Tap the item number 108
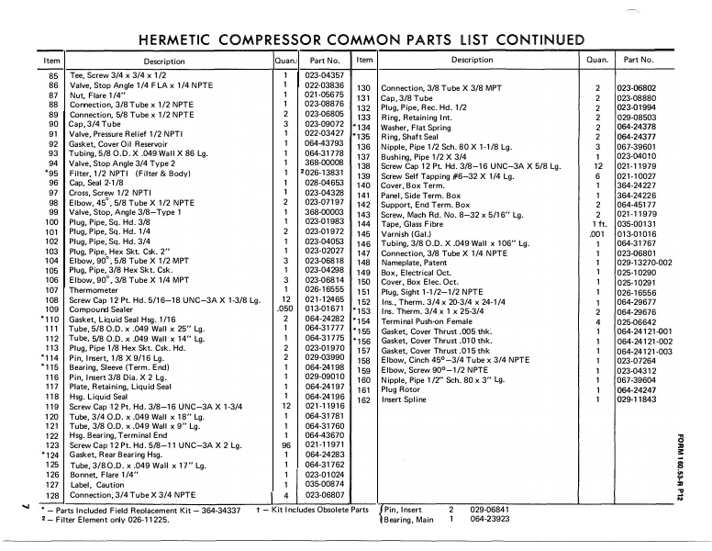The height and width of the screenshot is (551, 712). click(51, 299)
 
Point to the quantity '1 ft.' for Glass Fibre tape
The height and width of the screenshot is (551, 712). click(597, 223)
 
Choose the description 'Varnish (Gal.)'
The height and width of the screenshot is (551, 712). click(409, 233)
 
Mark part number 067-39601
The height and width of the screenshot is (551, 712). click(640, 146)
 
